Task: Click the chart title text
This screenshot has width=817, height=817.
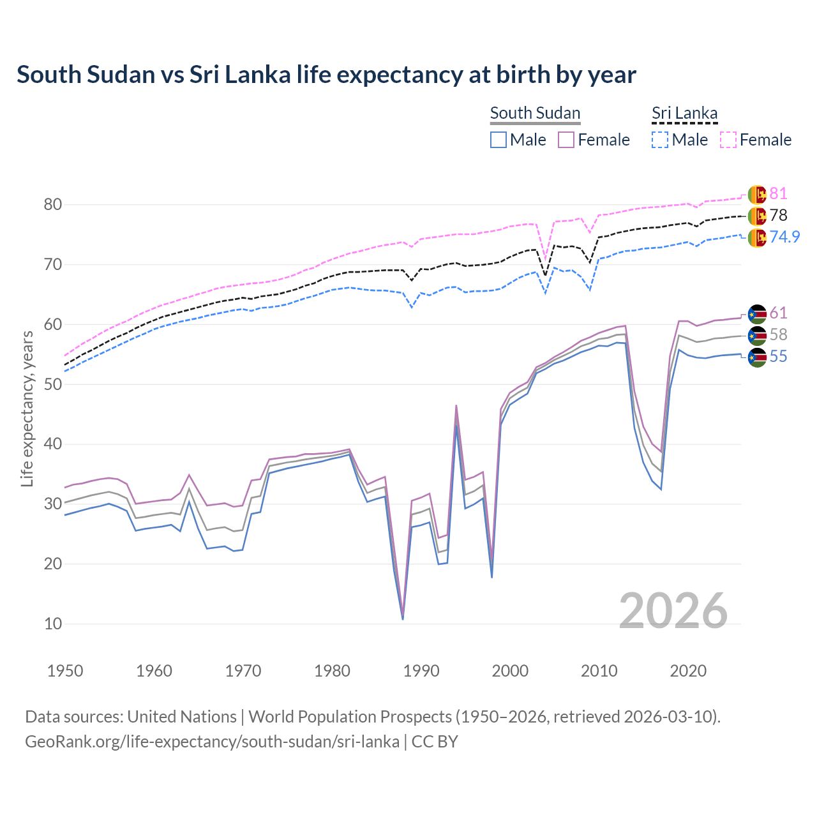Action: (326, 75)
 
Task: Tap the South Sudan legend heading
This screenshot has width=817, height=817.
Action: (535, 113)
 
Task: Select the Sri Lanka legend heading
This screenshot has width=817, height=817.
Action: (684, 113)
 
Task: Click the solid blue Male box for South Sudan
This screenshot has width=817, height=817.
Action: (498, 140)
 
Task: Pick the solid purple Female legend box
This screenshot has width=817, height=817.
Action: (566, 140)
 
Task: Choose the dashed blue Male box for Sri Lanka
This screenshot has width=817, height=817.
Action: (660, 140)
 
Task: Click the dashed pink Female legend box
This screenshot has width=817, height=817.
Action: (728, 140)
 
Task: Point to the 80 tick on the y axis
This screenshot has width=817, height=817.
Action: (52, 205)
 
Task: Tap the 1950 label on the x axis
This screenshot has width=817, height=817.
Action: (65, 671)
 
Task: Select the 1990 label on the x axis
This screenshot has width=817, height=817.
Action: (421, 671)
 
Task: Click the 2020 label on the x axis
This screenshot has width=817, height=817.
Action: (688, 671)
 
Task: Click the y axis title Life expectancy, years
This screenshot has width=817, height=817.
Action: (27, 408)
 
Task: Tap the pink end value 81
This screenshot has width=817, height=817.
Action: (778, 194)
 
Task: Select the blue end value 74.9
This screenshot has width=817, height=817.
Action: (784, 237)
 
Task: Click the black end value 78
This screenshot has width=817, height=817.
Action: (778, 216)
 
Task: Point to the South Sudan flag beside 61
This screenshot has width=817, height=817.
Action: (757, 313)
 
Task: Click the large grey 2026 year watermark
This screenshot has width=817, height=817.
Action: (673, 611)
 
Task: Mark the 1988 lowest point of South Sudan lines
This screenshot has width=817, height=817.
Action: (403, 618)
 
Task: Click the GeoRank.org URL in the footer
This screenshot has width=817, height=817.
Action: (212, 742)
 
